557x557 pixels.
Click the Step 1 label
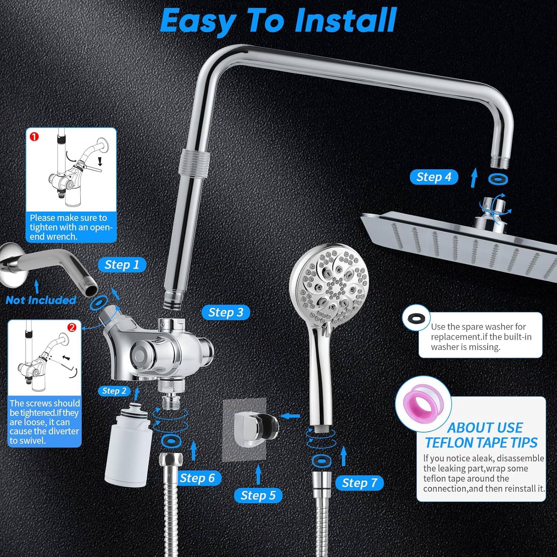[122, 265]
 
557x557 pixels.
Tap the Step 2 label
[114, 391]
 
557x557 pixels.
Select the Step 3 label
[225, 312]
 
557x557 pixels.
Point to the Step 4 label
[433, 177]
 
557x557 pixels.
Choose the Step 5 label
[258, 495]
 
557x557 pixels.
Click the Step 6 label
[197, 478]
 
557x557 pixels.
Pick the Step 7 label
[359, 483]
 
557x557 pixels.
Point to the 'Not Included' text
[41, 300]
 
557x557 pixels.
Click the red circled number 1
[34, 137]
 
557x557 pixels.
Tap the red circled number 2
[72, 327]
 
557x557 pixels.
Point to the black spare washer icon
[416, 319]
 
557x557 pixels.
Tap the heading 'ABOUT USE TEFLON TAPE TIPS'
[481, 435]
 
